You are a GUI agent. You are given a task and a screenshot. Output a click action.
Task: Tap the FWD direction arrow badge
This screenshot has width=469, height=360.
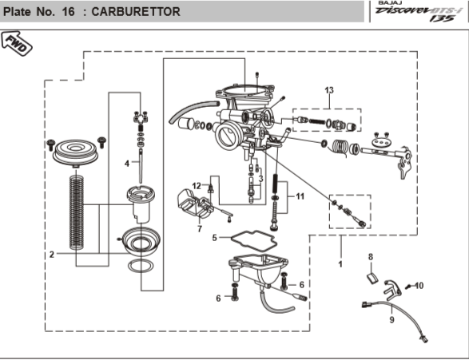17,43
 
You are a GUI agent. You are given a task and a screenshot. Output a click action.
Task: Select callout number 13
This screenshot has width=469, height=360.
328,90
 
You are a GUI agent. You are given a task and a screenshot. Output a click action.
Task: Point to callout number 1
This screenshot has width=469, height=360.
341,263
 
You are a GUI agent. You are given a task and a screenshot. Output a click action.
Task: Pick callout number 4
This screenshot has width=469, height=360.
126,163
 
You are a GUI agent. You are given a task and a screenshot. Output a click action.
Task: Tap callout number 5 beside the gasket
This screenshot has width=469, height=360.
215,237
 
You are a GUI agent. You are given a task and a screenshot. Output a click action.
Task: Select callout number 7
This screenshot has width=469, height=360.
199,229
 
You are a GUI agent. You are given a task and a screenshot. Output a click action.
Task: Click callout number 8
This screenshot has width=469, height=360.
371,256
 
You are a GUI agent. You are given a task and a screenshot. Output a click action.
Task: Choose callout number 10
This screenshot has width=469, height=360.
419,285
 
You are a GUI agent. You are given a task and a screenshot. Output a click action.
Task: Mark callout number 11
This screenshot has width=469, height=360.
300,196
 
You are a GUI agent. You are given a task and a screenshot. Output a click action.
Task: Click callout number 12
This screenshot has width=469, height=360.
197,186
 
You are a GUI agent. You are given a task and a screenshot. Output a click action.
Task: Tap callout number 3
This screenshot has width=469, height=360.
260,179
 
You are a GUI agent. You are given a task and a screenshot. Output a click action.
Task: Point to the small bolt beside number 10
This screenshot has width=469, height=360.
408,285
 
